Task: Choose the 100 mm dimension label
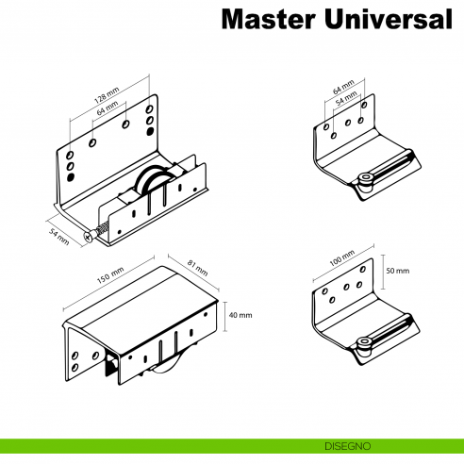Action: pos(342,260)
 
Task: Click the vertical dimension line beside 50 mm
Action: pos(383,271)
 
